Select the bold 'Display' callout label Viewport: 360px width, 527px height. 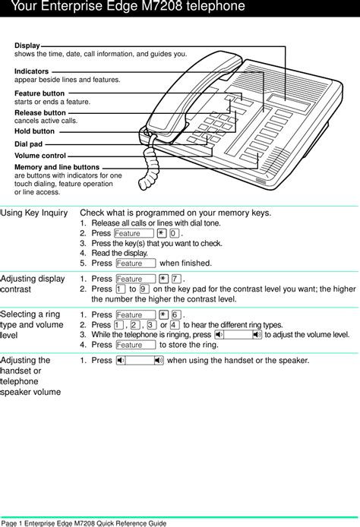pyautogui.click(x=27, y=46)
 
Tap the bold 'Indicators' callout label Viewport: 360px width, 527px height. pyautogui.click(x=31, y=71)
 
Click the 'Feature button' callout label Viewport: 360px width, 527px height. pyautogui.click(x=39, y=93)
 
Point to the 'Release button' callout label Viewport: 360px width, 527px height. pyautogui.click(x=40, y=112)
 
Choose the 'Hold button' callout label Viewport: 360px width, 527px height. pyautogui.click(x=34, y=131)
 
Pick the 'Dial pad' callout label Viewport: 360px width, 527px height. pyautogui.click(x=29, y=143)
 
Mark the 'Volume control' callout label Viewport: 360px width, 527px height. pyautogui.click(x=39, y=155)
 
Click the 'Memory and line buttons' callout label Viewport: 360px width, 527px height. pyautogui.click(x=56, y=167)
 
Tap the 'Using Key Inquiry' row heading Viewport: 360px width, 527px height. pyautogui.click(x=33, y=213)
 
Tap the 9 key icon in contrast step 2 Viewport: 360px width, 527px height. pyautogui.click(x=144, y=289)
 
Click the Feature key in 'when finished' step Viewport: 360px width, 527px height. pyautogui.click(x=136, y=263)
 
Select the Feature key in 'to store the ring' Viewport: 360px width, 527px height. pyautogui.click(x=136, y=345)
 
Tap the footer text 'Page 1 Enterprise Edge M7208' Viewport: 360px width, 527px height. pyautogui.click(x=84, y=522)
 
